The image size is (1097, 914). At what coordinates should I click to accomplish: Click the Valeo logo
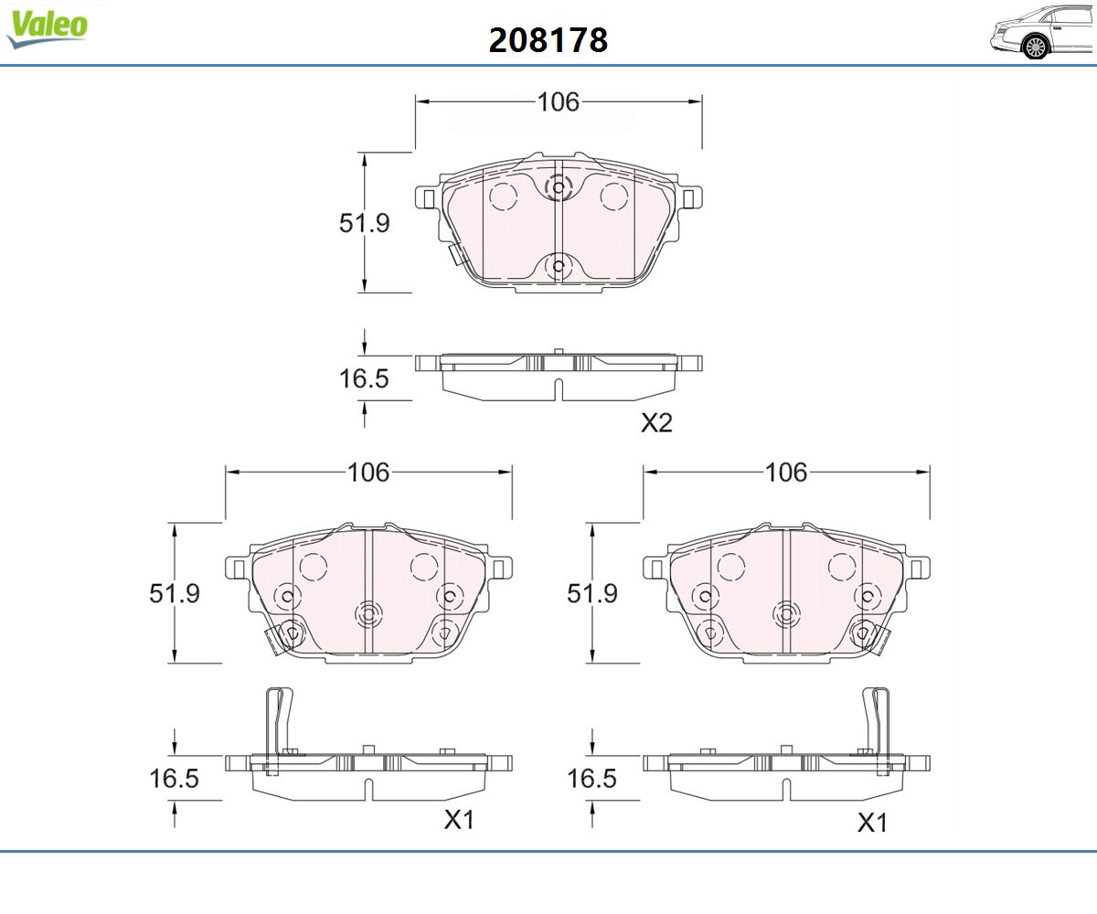(x=47, y=27)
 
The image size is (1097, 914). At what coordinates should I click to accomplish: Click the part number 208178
(x=548, y=40)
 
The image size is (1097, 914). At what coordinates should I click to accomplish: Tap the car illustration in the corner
(x=1042, y=32)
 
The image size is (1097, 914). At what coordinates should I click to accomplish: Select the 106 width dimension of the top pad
(x=559, y=101)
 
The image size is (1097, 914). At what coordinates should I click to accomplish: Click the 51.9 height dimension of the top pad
(x=364, y=223)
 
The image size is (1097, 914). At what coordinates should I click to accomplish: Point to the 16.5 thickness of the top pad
(x=364, y=378)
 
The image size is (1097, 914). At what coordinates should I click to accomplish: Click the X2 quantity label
(x=656, y=423)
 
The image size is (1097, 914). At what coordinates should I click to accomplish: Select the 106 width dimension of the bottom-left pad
(x=368, y=473)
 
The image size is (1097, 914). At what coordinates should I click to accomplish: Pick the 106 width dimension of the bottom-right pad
(x=786, y=473)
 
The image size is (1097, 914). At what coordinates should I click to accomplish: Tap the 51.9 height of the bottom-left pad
(x=175, y=593)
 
